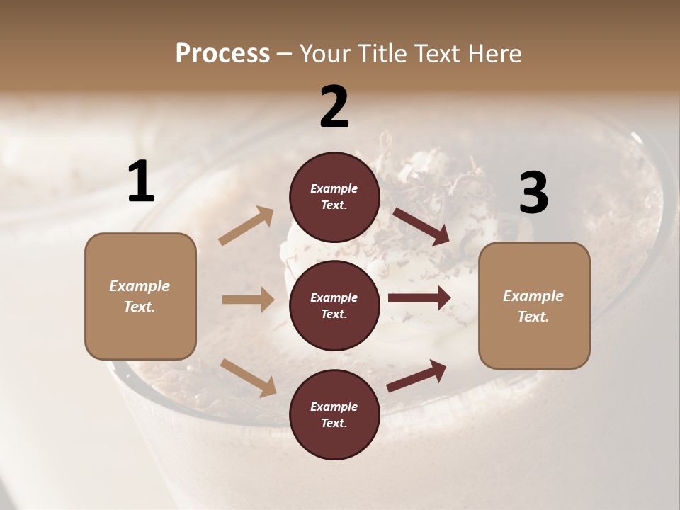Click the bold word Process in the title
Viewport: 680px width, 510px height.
point(222,54)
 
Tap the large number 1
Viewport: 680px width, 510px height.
point(141,182)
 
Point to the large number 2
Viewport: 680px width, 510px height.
point(334,107)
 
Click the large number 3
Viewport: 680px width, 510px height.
point(533,193)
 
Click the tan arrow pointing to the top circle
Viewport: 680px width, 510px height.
point(246,226)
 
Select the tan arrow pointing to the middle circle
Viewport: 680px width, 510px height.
point(248,300)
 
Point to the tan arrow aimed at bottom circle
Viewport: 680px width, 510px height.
point(248,377)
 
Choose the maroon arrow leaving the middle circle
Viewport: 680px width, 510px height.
point(419,298)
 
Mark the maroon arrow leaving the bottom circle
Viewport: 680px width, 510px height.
point(416,375)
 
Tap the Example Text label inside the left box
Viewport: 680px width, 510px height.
point(140,296)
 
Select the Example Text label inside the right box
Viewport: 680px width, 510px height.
point(533,306)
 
